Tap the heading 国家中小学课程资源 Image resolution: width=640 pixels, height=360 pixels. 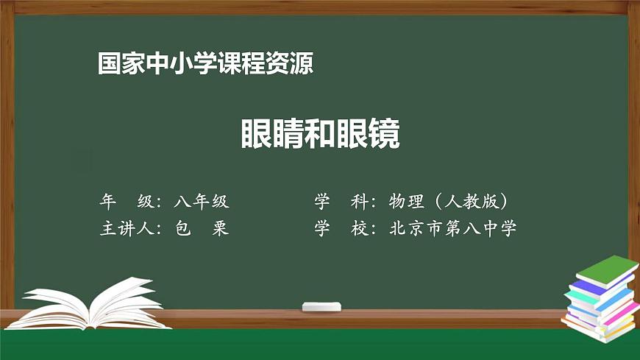pos(205,64)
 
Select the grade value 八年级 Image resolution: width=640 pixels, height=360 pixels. pos(202,201)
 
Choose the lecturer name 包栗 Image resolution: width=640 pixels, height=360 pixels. pos(202,228)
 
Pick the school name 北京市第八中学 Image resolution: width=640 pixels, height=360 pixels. pos(452,228)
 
